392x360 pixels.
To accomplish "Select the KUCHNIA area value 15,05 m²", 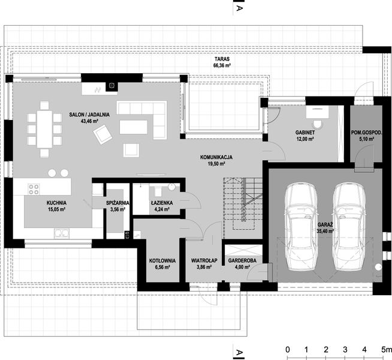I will coord(56,211).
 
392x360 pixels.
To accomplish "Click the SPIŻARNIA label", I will coord(117,203).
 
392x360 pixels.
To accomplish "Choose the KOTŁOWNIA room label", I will coord(162,260).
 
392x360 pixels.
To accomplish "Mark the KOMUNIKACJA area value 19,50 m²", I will coord(216,164).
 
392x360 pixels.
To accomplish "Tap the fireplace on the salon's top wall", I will coord(110,86).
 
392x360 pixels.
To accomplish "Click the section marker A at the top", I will coord(239,9).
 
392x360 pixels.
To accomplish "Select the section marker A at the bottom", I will coord(239,352).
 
